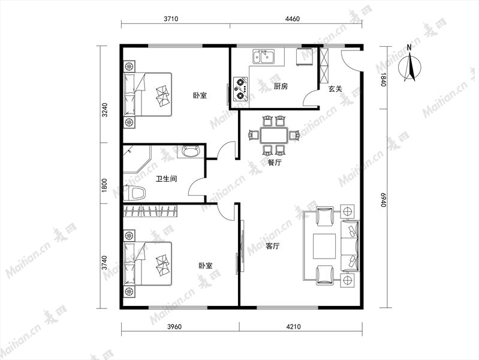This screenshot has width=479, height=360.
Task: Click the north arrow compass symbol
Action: [x=410, y=65]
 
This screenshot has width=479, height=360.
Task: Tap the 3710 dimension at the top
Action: [x=171, y=19]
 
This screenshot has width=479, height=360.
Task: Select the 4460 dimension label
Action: [x=293, y=19]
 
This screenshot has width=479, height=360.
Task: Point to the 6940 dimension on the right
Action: [x=384, y=200]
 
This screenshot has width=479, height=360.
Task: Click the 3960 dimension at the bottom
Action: [x=174, y=326]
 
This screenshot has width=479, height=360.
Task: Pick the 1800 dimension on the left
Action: [x=104, y=185]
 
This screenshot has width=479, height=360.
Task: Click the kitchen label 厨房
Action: [x=281, y=86]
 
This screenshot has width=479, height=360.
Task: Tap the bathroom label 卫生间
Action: [x=167, y=179]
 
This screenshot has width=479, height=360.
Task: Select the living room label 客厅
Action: [x=273, y=246]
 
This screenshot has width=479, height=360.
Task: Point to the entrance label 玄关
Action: [x=335, y=89]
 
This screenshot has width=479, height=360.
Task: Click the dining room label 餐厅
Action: [x=275, y=163]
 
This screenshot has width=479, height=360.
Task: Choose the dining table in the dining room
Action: [x=274, y=135]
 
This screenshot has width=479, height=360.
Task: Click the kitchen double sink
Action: [x=263, y=56]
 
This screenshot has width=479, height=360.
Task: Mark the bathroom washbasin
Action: [x=191, y=151]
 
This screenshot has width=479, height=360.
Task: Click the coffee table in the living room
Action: [x=324, y=246]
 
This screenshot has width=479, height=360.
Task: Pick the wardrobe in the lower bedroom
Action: [x=150, y=211]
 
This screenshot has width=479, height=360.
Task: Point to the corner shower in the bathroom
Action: [x=137, y=160]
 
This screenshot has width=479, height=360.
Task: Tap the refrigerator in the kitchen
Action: [x=305, y=56]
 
